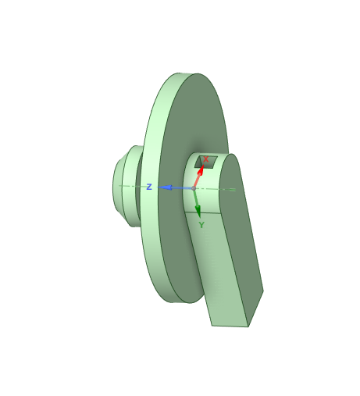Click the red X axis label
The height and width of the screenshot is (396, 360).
point(205,159)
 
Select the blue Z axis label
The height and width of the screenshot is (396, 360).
point(149,187)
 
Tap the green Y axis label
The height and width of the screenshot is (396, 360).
point(201,225)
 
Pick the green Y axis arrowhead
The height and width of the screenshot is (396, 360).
point(198,211)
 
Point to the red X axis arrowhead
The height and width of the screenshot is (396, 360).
point(201,169)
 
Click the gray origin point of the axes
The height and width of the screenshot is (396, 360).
point(194,188)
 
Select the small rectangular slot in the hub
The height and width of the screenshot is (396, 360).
point(205,162)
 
